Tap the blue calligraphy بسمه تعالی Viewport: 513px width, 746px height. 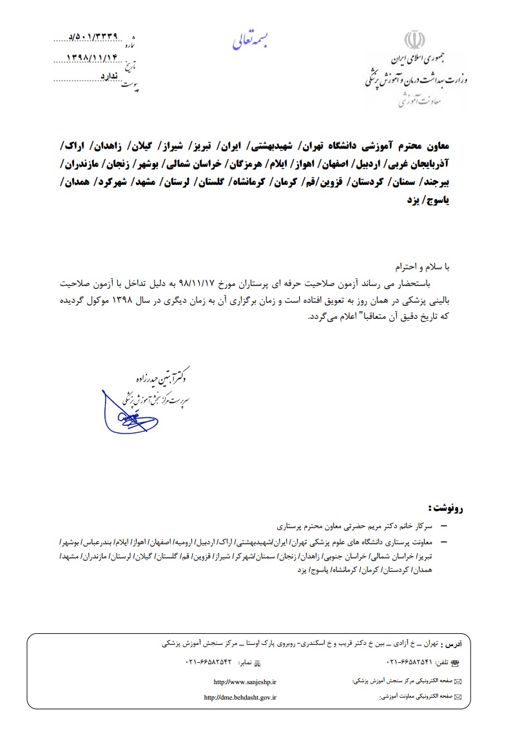point(252,41)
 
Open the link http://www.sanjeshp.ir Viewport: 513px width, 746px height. point(245,681)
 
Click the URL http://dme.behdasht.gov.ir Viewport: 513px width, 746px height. point(240,697)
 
